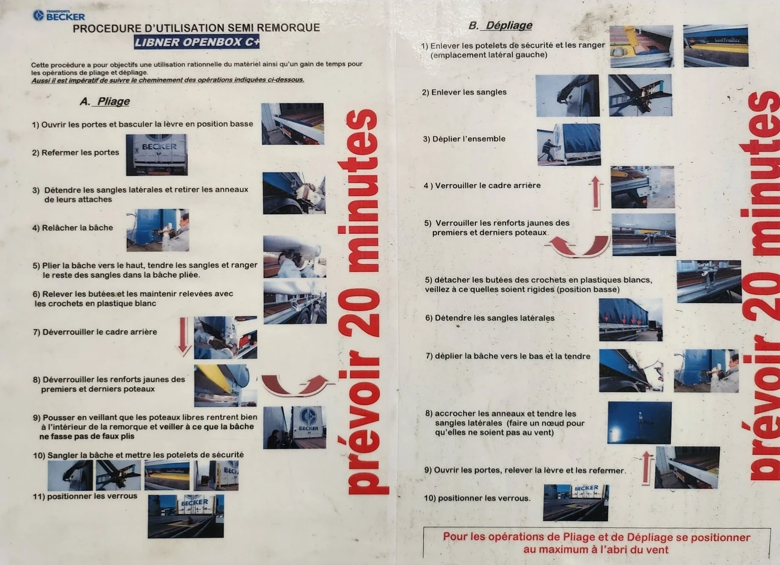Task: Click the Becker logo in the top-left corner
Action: coord(59,15)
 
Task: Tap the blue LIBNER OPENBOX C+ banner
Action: coord(197,42)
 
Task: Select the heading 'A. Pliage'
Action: coord(105,101)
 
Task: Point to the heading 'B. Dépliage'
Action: coord(500,25)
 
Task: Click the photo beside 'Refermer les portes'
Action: coord(156,155)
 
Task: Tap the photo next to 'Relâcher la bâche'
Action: coord(158,230)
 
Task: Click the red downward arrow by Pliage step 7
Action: coord(183,336)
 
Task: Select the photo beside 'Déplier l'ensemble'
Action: coord(569,144)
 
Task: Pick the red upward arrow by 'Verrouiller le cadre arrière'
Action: coord(596,193)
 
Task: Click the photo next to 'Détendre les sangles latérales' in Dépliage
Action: coord(631,320)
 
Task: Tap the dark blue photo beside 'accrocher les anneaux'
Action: coord(639,423)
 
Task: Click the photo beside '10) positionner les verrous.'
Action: coord(576,503)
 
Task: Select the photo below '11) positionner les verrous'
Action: coord(186,516)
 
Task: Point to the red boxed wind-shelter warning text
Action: coord(597,543)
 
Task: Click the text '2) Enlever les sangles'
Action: coord(464,92)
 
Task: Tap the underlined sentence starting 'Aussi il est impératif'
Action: coord(168,80)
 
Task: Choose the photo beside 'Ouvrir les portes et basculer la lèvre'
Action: coord(293,124)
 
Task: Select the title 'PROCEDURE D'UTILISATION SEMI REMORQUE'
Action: coord(196,28)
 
